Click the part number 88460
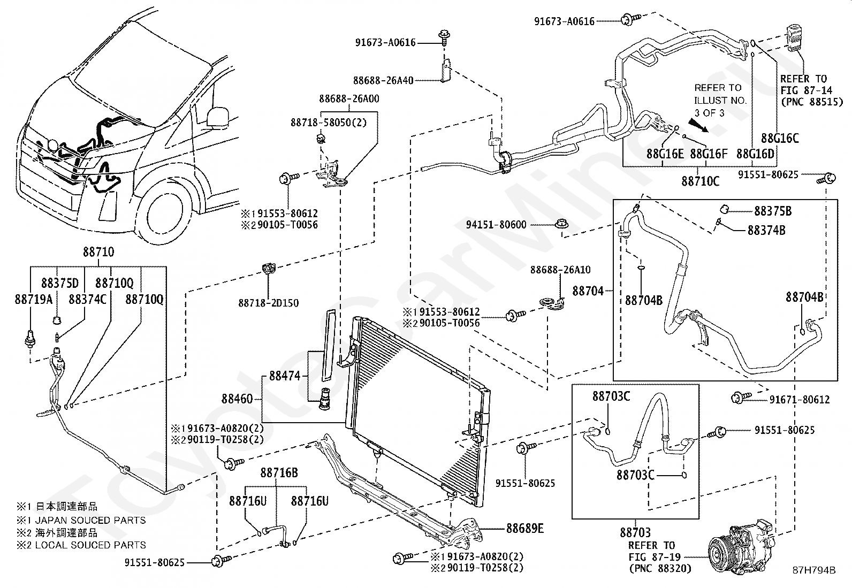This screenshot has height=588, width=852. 237,399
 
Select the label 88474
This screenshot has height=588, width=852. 285,376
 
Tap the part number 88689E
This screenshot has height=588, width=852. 525,529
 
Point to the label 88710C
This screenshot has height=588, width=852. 700,181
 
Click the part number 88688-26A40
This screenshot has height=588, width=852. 383,81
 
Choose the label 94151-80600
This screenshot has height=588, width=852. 496,225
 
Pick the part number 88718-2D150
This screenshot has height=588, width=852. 269,303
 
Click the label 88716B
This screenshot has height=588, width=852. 279,473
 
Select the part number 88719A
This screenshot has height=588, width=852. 34,300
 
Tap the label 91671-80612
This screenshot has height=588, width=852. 800,400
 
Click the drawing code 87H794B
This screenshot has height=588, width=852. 814,570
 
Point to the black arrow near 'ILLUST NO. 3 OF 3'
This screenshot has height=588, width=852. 698,125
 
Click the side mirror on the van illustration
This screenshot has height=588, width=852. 218,117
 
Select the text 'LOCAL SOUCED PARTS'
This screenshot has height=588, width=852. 90,545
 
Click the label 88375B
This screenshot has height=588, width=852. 773,211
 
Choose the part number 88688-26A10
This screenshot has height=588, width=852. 560,270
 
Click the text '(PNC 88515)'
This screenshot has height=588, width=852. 812,102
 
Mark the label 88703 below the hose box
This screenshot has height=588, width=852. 635,532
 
